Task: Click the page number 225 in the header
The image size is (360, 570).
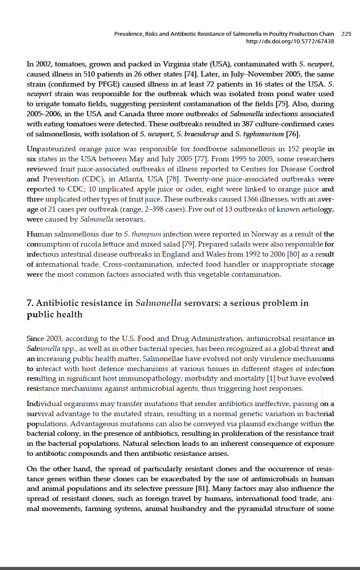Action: pos(346,34)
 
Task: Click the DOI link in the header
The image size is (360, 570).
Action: pos(290,41)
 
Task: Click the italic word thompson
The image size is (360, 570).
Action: pos(146,234)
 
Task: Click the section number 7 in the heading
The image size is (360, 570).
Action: pos(30,303)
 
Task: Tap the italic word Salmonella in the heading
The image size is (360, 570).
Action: pos(159,303)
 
